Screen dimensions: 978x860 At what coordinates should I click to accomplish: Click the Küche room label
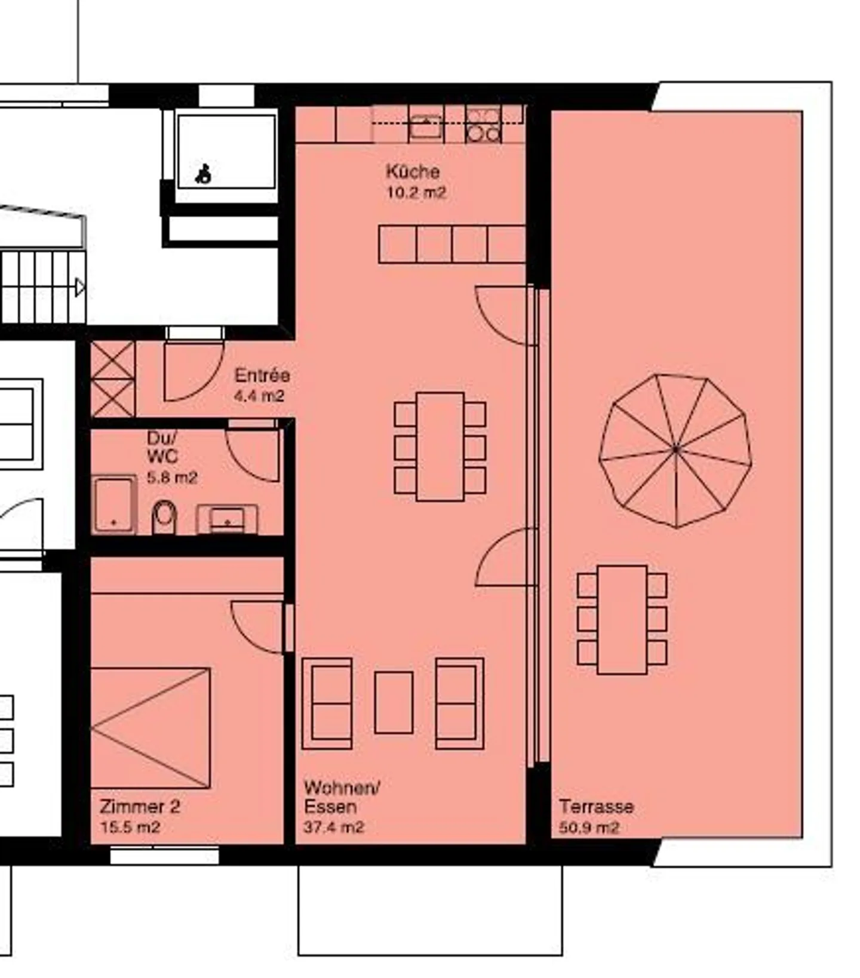[x=412, y=172]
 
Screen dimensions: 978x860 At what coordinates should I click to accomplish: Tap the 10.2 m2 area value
[x=416, y=193]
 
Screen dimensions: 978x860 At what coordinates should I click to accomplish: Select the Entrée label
[x=262, y=376]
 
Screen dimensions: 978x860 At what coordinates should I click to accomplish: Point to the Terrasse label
[x=596, y=807]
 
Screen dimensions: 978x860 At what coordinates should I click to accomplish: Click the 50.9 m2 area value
[x=589, y=828]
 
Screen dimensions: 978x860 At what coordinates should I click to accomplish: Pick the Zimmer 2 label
[x=140, y=807]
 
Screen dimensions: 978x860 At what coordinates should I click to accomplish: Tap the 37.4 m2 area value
[x=333, y=827]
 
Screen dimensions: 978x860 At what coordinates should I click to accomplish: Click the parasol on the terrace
[x=675, y=450]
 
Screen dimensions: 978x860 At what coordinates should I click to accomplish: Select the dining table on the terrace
[x=622, y=620]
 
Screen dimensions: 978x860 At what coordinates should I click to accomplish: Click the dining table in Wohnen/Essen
[x=440, y=447]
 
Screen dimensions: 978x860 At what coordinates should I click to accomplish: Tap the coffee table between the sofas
[x=394, y=702]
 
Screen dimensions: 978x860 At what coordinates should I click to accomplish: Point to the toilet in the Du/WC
[x=164, y=516]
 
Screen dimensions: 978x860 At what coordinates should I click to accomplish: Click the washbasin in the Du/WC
[x=228, y=519]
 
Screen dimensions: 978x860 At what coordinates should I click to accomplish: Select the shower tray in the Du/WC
[x=114, y=505]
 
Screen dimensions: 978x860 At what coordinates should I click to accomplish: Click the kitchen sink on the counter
[x=425, y=126]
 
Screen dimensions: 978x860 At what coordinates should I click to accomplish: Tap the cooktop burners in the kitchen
[x=483, y=125]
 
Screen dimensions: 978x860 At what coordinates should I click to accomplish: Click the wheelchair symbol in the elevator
[x=204, y=173]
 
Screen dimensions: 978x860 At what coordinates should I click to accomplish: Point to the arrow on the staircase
[x=80, y=288]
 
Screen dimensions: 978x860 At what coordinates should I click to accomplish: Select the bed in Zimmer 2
[x=150, y=728]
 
